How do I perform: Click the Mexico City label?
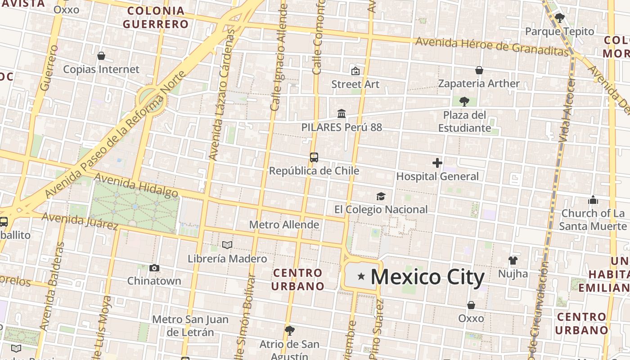click(x=427, y=277)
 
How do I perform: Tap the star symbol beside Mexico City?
click(x=361, y=276)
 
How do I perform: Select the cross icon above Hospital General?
click(x=437, y=163)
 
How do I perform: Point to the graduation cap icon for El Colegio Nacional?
click(x=381, y=196)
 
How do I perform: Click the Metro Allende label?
click(x=284, y=225)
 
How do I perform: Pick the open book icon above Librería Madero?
click(x=227, y=245)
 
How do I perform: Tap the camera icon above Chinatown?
click(x=154, y=268)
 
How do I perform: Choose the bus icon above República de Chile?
click(x=314, y=157)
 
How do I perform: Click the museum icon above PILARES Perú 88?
click(x=342, y=113)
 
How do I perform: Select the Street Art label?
click(x=355, y=84)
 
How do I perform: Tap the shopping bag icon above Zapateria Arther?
click(x=479, y=70)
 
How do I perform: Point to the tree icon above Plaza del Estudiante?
click(x=464, y=101)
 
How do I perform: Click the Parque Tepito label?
click(x=560, y=31)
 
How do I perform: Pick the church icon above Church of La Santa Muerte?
click(x=593, y=200)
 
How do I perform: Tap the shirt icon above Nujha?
click(x=513, y=260)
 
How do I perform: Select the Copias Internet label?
click(x=101, y=69)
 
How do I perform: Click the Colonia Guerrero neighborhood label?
click(x=156, y=18)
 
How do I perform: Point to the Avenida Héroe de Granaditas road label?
click(x=492, y=46)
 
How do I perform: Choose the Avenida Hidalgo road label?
click(x=136, y=188)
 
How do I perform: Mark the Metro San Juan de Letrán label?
click(x=190, y=326)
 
